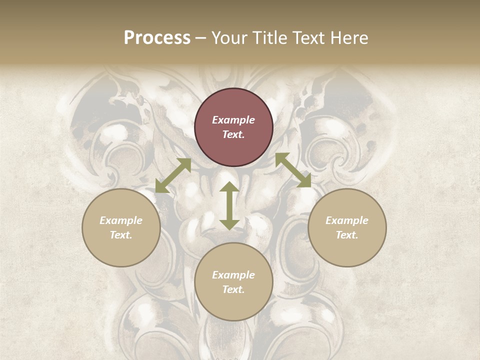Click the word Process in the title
click(157, 38)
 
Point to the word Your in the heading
click(228, 38)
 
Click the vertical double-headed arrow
click(229, 205)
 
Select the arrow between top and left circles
click(173, 175)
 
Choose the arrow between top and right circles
click(293, 170)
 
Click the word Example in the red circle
click(233, 120)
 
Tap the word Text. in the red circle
click(233, 134)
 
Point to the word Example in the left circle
click(121, 220)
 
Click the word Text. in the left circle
click(121, 235)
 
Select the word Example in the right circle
click(347, 220)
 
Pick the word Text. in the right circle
click(347, 235)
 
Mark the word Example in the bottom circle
click(233, 275)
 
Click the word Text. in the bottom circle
click(233, 289)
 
